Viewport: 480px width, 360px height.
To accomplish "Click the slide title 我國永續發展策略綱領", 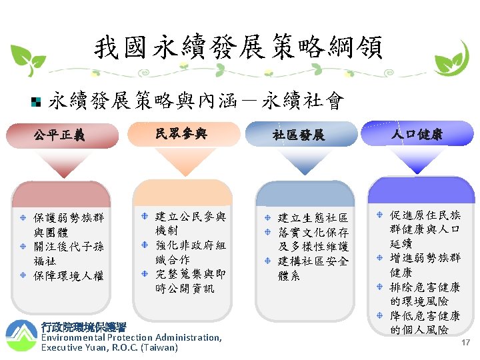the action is coord(238,47).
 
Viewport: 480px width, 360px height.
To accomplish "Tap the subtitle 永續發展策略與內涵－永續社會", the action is coord(197,101).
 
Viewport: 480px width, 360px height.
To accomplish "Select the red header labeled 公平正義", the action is coord(59,137).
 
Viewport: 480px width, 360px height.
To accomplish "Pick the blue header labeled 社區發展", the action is coord(298,135).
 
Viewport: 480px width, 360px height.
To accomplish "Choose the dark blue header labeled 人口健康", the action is coord(417,134).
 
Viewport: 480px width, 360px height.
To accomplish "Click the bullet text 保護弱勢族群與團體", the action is coord(69,225).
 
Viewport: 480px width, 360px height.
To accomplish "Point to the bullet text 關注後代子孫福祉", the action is coord(69,254).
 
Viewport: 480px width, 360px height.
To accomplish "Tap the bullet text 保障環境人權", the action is coord(69,275).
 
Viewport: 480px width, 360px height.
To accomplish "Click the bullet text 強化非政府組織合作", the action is coord(190,253).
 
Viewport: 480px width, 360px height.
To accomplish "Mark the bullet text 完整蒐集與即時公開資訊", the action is coord(190,281).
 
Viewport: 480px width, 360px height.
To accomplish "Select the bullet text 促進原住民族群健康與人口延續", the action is coord(425,229).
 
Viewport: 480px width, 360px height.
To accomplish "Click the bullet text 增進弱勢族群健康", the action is coord(425,265).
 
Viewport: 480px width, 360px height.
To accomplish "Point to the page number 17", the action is coord(466,341).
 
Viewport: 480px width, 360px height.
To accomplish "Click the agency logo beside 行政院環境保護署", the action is coord(21,335).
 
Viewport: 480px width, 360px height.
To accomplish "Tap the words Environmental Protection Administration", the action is coord(131,337).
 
